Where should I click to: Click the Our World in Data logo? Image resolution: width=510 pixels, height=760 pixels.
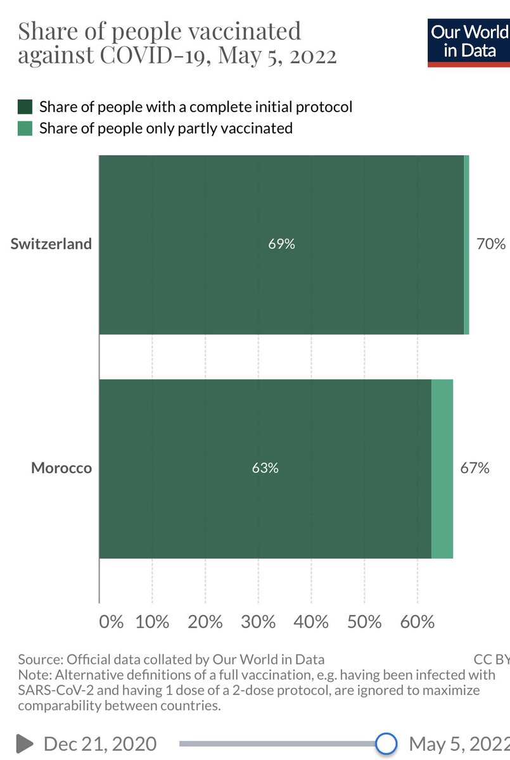coord(469,42)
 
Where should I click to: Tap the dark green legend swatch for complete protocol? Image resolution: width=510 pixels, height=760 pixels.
coord(25,106)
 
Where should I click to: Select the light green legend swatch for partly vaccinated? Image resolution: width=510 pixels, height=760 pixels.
coord(25,128)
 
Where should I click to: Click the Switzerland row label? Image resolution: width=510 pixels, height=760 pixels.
coord(51,244)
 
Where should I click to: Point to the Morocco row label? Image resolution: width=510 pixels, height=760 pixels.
coord(61,469)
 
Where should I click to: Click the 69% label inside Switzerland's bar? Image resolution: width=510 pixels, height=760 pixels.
coord(281,244)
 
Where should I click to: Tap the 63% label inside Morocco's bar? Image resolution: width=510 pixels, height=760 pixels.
coord(265,469)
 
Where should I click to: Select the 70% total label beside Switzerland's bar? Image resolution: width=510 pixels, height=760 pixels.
coord(491,244)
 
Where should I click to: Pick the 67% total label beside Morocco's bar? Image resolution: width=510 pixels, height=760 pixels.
coord(475,469)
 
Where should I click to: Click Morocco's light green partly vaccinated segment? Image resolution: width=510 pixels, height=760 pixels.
coord(442,469)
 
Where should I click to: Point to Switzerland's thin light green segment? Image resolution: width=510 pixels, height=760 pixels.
coord(466,244)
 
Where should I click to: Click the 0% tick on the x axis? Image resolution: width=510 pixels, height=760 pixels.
coord(112,621)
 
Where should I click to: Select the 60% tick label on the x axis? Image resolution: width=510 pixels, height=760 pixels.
coord(417,621)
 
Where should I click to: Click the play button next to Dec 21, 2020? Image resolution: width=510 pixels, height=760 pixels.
coord(25,743)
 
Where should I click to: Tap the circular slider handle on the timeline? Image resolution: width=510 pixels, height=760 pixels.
coord(386,743)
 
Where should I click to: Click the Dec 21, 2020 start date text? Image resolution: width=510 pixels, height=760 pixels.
coord(100,743)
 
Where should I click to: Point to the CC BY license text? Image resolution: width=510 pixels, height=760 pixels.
coord(491,659)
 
